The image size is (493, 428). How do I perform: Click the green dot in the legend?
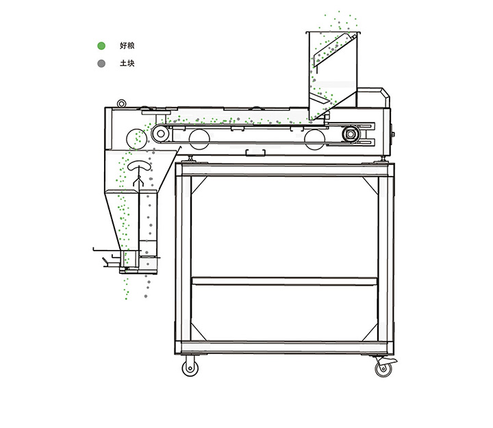pos(101,46)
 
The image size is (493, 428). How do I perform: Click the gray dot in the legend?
pos(101,64)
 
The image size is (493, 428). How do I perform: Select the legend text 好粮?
pos(127,46)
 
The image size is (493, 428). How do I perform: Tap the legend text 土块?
pos(127,63)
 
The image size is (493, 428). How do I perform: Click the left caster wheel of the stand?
pos(190,368)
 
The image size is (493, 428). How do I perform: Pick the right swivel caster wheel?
pos(384,368)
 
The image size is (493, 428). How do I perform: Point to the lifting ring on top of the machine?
pos(121,103)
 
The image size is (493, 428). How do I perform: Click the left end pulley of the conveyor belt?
pos(161,134)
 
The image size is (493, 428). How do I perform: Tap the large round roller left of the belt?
pos(136,139)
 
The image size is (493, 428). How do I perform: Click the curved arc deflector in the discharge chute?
pos(138,166)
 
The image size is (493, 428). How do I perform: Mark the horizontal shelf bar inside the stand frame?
pos(285,281)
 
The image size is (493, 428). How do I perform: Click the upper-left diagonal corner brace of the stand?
pos(199,185)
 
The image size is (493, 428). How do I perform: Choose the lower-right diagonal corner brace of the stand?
pos(370,333)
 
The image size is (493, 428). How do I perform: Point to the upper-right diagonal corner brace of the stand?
pos(370,185)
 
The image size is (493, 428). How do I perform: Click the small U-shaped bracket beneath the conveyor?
pos(255,153)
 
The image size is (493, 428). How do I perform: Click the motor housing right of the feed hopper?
pos(374,97)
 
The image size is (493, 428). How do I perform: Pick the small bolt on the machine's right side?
pos(392,135)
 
